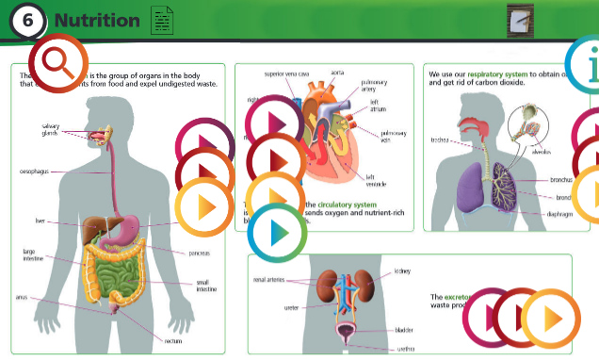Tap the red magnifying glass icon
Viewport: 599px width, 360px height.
(58, 63)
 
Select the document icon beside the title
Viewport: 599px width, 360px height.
(162, 19)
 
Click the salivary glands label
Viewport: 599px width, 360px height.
(50, 129)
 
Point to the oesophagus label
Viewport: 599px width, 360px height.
(35, 172)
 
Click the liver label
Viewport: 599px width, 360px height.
(40, 223)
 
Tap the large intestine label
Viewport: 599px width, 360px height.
(33, 256)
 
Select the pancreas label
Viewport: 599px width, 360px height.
(198, 253)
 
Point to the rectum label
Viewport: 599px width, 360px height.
(173, 340)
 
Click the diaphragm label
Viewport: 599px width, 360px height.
(560, 214)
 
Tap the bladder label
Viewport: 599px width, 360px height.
(404, 330)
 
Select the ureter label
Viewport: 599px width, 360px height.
(291, 307)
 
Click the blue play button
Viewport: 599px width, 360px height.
(276, 233)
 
